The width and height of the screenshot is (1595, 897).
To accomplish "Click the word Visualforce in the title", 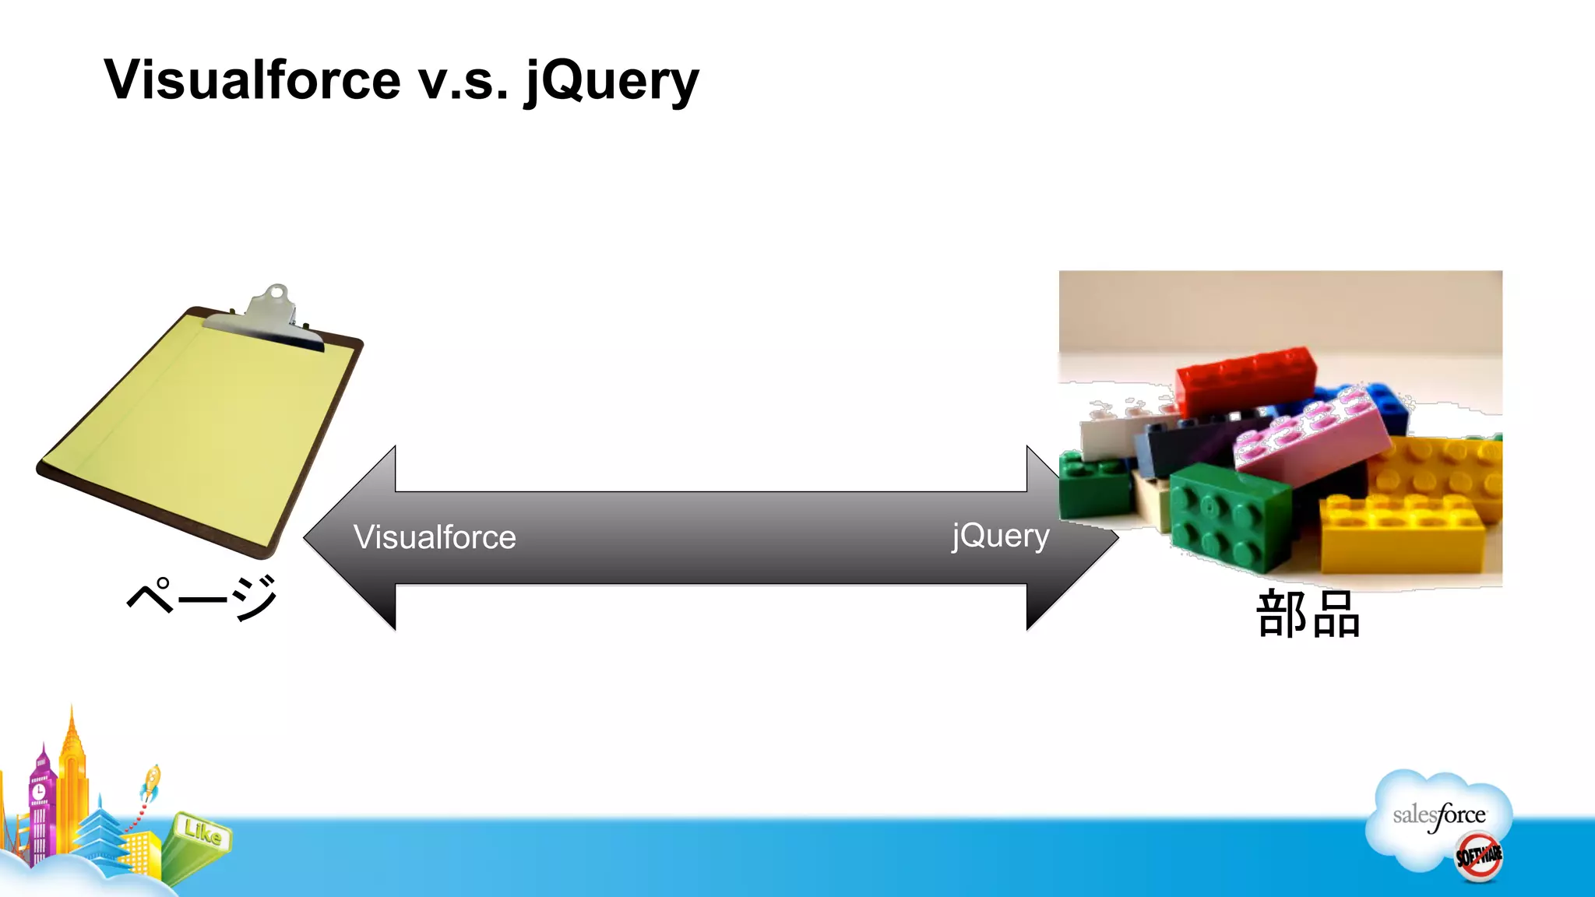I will [253, 80].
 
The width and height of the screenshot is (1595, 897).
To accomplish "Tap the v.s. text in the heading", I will [463, 80].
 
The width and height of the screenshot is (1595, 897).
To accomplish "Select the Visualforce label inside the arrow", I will [434, 537].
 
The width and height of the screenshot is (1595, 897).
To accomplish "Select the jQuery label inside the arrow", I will [1000, 536].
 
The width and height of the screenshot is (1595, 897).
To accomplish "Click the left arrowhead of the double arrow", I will [350, 537].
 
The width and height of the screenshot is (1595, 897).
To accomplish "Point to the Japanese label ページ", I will [202, 598].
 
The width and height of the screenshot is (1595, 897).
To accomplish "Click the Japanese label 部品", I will [1308, 615].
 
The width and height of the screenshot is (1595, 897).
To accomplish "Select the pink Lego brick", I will [1308, 436].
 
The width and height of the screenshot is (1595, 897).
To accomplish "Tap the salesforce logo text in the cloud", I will [1438, 815].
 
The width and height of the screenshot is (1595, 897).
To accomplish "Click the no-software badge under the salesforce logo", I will [1479, 857].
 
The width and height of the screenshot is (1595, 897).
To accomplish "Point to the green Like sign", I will [202, 833].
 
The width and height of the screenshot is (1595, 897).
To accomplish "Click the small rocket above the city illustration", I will [151, 781].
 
